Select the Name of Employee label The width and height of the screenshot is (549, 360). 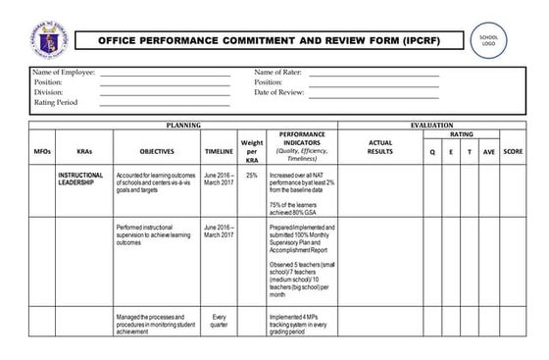point(63,73)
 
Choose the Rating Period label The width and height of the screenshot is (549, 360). point(57,102)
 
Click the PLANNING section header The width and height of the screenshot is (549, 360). point(183,126)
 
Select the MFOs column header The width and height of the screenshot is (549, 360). point(42,152)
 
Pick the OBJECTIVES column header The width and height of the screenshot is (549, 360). point(157,152)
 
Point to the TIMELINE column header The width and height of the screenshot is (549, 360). point(219,152)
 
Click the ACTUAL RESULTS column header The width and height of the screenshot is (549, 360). point(379,147)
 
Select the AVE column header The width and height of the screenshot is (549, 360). point(489,152)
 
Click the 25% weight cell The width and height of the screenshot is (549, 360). point(252,175)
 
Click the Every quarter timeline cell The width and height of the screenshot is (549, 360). point(219,322)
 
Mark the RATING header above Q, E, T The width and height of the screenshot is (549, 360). point(461,135)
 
